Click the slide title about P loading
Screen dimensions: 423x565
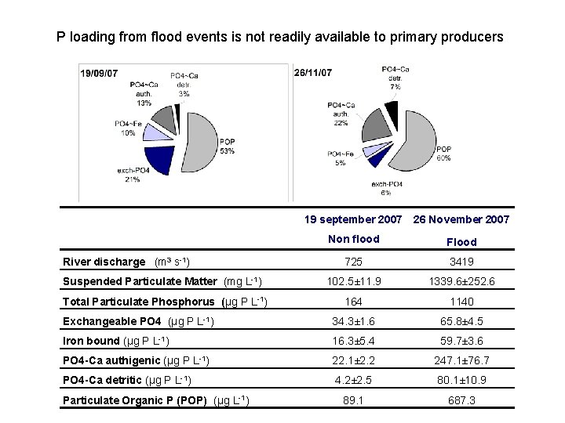coord(280,37)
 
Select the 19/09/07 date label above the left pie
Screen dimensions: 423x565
coord(100,73)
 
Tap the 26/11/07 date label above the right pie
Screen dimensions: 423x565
coord(313,73)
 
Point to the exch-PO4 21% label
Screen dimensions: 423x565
coord(129,175)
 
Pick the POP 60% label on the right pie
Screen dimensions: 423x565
coord(444,153)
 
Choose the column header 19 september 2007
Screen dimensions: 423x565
coord(354,219)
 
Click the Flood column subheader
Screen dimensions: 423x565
coord(461,242)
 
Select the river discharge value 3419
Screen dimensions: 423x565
coord(461,262)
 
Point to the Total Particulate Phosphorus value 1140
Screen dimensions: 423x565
coord(461,302)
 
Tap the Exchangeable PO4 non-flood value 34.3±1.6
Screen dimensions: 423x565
coord(354,321)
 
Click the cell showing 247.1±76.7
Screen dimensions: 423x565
coord(461,360)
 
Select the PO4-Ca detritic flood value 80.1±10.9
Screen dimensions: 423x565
coord(461,381)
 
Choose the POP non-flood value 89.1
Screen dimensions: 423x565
coord(354,400)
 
